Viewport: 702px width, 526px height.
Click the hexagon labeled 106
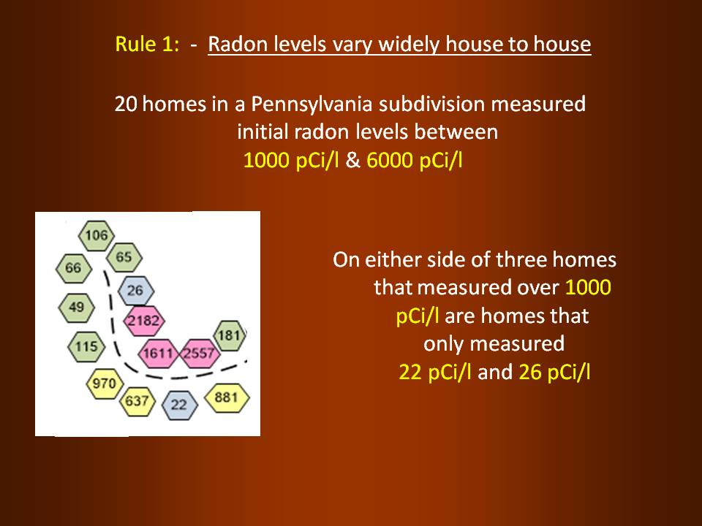[97, 235]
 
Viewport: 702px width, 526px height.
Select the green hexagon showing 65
[124, 257]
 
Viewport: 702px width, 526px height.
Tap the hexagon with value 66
[74, 268]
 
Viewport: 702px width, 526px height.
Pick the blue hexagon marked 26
[136, 291]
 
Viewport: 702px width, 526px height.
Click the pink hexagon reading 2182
[144, 321]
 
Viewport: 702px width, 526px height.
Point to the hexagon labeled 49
[77, 308]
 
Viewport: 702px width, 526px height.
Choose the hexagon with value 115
[86, 346]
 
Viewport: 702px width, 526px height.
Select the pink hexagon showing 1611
[158, 354]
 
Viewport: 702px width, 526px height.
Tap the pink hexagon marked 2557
[200, 354]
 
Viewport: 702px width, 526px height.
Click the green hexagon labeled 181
[230, 335]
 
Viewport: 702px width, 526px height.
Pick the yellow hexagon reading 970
[105, 384]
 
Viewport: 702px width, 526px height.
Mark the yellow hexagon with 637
[137, 401]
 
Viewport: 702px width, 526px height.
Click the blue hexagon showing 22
[179, 405]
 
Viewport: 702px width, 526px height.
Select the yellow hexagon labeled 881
[227, 397]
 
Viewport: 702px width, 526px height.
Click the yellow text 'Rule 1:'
[147, 45]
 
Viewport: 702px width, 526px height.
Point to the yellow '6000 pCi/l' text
[414, 160]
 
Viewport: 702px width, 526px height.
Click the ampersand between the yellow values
[352, 160]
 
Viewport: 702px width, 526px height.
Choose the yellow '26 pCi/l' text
[554, 372]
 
